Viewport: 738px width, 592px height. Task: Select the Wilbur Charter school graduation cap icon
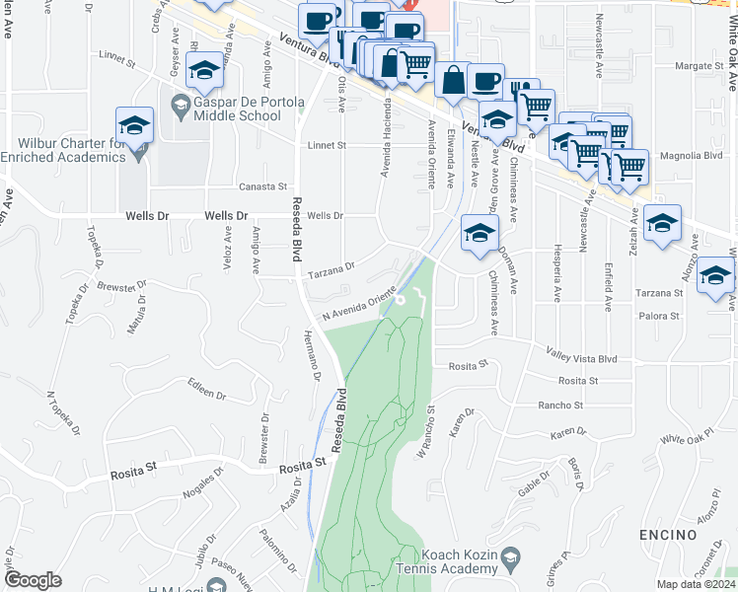click(x=134, y=126)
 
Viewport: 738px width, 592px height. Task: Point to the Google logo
click(x=33, y=580)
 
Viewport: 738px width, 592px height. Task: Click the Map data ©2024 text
click(x=695, y=584)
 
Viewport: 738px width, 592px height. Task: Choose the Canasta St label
click(x=262, y=186)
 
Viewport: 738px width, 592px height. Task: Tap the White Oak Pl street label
click(x=687, y=437)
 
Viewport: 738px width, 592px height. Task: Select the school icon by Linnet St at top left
click(x=204, y=71)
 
